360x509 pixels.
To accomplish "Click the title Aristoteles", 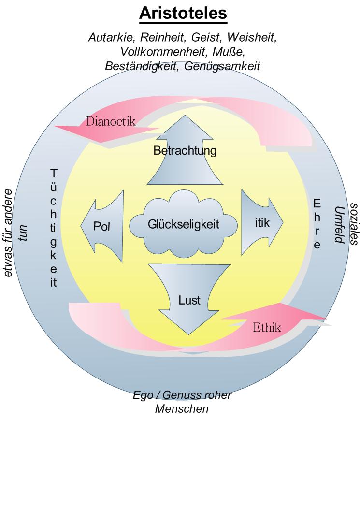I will tap(183, 14).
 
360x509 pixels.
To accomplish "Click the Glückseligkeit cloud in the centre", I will tap(184, 224).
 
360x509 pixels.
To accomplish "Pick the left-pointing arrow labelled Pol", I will tap(102, 226).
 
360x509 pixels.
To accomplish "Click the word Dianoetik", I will tap(110, 121).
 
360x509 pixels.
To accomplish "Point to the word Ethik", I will tap(267, 327).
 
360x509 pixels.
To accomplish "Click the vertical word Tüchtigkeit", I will tap(54, 228).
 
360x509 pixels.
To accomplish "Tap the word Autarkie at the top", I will tap(108, 37).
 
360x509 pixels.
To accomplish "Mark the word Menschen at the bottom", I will tap(182, 409).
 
